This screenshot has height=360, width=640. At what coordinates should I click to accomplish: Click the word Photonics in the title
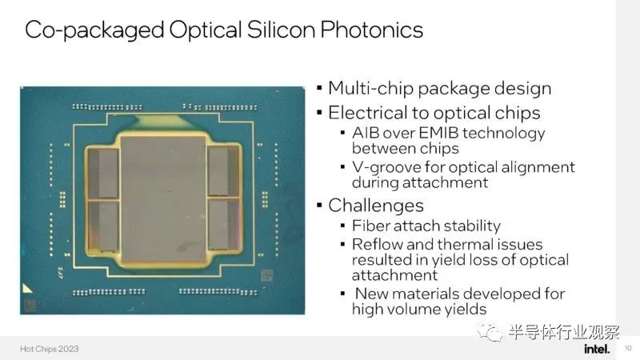click(x=371, y=30)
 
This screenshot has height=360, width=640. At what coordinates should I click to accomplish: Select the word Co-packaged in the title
click(x=94, y=30)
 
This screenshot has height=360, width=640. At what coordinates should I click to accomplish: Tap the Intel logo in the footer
click(x=597, y=349)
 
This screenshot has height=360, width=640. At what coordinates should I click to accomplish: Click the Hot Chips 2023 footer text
click(x=50, y=349)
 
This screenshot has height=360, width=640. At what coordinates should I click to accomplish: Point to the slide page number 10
click(x=628, y=348)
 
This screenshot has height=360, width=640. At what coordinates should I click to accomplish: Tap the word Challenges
click(x=376, y=206)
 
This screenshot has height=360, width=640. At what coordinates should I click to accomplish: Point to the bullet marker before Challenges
click(x=319, y=205)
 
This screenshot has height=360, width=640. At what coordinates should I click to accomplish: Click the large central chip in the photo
click(x=163, y=198)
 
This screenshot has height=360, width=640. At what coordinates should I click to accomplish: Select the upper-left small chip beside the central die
click(x=103, y=174)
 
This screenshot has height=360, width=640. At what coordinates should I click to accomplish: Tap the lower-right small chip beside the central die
click(x=223, y=225)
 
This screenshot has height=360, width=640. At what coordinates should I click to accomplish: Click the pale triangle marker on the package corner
click(x=26, y=289)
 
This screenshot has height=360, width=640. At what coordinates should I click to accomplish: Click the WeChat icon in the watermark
click(x=490, y=333)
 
